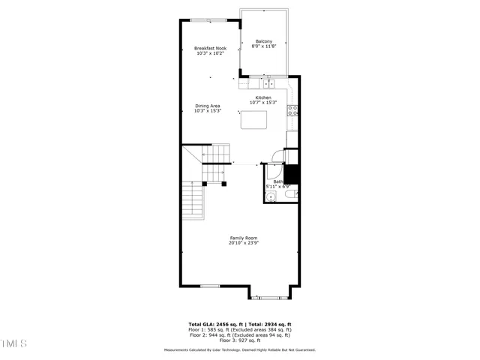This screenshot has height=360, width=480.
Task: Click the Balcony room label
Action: tap(263, 40)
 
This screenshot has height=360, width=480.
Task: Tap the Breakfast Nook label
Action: tap(211, 48)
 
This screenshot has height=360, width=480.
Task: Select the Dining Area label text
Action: tap(208, 106)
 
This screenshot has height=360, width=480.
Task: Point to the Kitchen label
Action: tap(262, 97)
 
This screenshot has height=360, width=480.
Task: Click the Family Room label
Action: tap(243, 238)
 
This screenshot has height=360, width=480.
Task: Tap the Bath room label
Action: tap(277, 181)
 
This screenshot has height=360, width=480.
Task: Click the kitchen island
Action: tap(254, 119)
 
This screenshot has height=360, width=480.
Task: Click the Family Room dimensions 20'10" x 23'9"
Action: tap(243, 243)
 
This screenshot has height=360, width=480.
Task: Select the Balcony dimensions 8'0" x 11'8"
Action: tap(263, 46)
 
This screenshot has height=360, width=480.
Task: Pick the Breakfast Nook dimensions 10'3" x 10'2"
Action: tap(211, 53)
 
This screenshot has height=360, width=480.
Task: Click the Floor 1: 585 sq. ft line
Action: tap(240, 330)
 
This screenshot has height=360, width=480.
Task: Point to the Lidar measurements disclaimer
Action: tap(240, 349)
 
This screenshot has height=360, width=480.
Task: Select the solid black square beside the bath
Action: tap(291, 173)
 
